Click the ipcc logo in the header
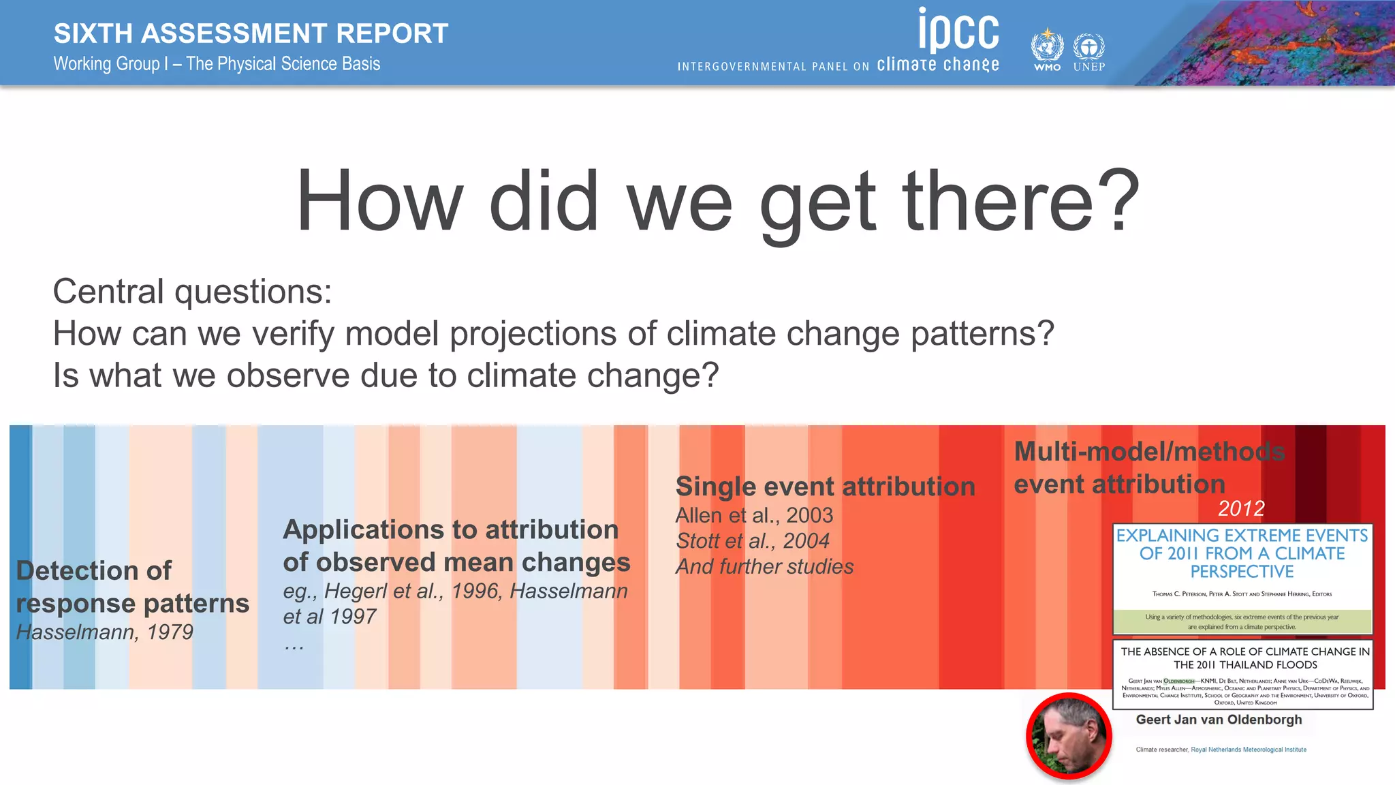point(958,30)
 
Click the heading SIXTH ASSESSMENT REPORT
point(251,33)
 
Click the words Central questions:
point(192,292)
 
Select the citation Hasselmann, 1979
point(105,632)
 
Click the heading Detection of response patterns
point(132,587)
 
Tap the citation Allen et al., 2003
point(754,515)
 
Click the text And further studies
point(764,567)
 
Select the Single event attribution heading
point(825,487)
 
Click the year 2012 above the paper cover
point(1241,508)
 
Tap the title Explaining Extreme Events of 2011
point(1242,553)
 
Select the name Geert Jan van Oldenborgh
point(1219,720)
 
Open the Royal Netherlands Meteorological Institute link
point(1248,750)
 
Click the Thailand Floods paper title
point(1244,658)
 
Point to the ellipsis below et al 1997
point(294,645)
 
